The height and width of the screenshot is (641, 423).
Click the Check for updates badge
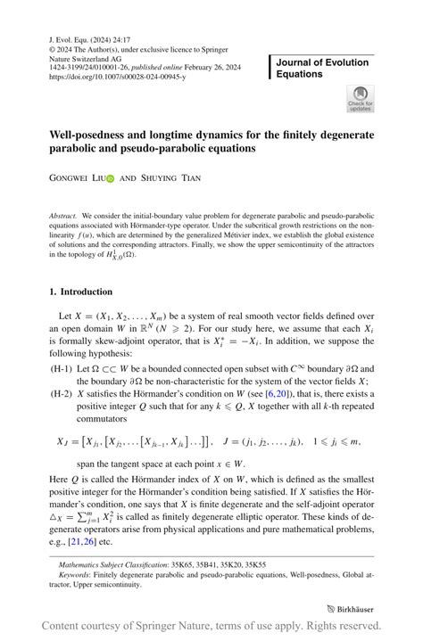(x=360, y=98)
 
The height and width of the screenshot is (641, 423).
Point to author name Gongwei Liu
(x=76, y=178)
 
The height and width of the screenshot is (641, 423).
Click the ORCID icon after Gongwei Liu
(x=110, y=178)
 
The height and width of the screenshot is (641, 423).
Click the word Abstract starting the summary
(x=63, y=216)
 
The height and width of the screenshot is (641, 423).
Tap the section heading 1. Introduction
(x=80, y=292)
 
